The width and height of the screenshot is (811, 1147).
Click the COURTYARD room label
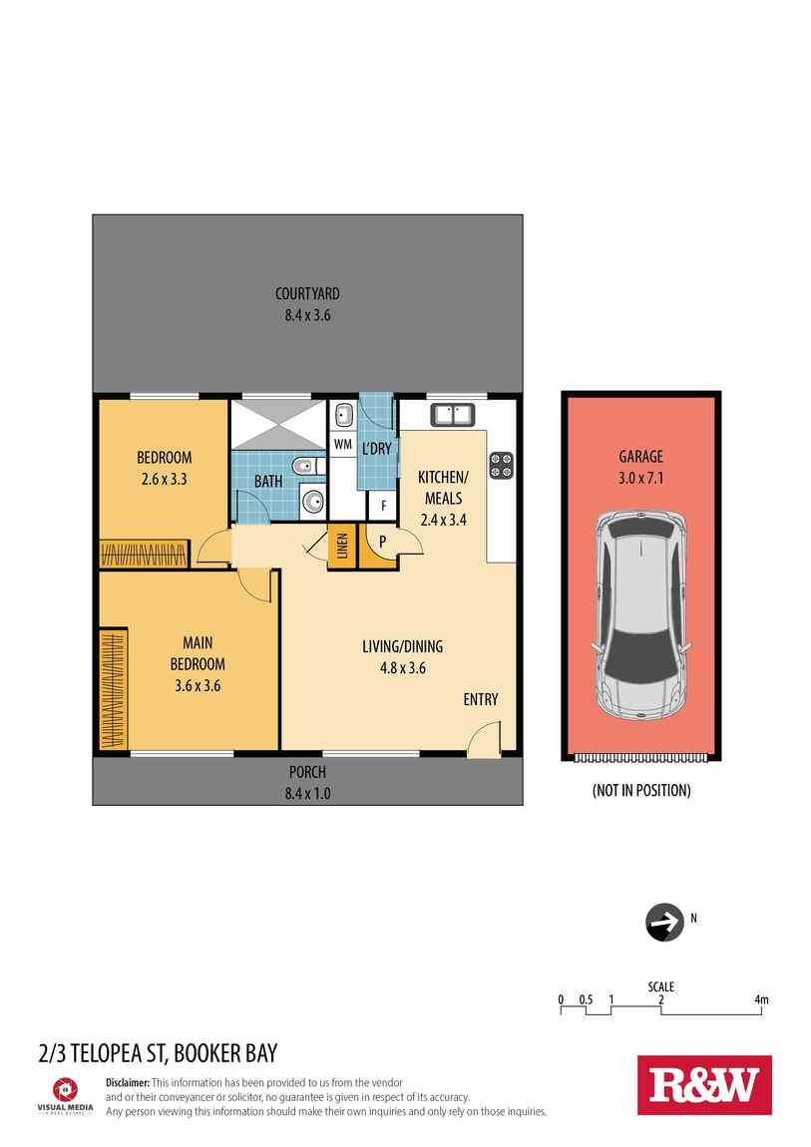308,293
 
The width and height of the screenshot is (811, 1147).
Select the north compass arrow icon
662,923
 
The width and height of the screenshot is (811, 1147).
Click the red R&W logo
704,1084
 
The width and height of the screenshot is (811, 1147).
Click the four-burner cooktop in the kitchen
502,465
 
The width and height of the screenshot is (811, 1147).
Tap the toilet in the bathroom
304,466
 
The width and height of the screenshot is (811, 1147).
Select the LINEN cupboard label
342,548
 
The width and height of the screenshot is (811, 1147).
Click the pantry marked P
381,544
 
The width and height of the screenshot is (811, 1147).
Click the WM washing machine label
342,444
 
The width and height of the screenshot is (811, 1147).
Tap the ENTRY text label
480,700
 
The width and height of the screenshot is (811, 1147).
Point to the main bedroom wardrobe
113,688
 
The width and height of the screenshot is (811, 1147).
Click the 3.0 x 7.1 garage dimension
641,478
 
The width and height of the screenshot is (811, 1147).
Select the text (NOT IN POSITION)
641,790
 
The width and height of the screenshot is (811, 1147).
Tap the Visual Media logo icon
65,1088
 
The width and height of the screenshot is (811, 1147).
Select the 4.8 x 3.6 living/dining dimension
402,668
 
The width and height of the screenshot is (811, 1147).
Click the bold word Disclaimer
127,1082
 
